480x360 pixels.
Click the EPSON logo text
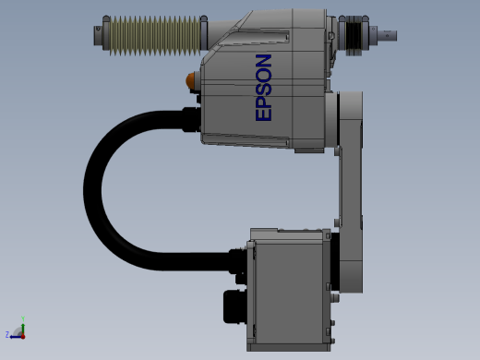pyautogui.click(x=263, y=88)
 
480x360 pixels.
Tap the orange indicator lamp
pyautogui.click(x=190, y=80)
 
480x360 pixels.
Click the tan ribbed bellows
pyautogui.click(x=155, y=36)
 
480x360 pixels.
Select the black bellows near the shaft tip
pyautogui.click(x=354, y=36)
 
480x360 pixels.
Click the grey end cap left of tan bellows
pyautogui.click(x=98, y=36)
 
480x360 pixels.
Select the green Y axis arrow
pyautogui.click(x=23, y=329)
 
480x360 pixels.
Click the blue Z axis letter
pyautogui.click(x=7, y=334)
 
